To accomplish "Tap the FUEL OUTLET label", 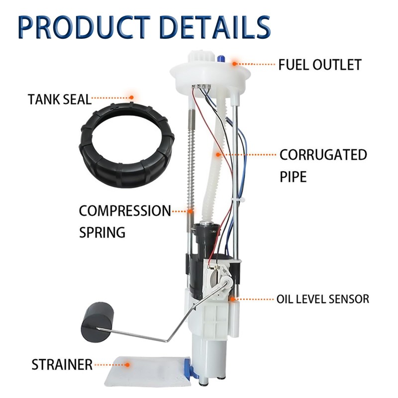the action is click(x=319, y=65).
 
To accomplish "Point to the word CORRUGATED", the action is click(x=323, y=154).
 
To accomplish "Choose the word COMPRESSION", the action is click(x=124, y=210).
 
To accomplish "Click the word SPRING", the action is click(x=102, y=232).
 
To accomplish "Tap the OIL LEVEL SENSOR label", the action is click(x=323, y=299).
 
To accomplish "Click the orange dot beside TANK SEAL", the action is click(x=131, y=98).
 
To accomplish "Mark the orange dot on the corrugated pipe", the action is click(x=217, y=155).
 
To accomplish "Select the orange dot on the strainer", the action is click(x=127, y=364).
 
